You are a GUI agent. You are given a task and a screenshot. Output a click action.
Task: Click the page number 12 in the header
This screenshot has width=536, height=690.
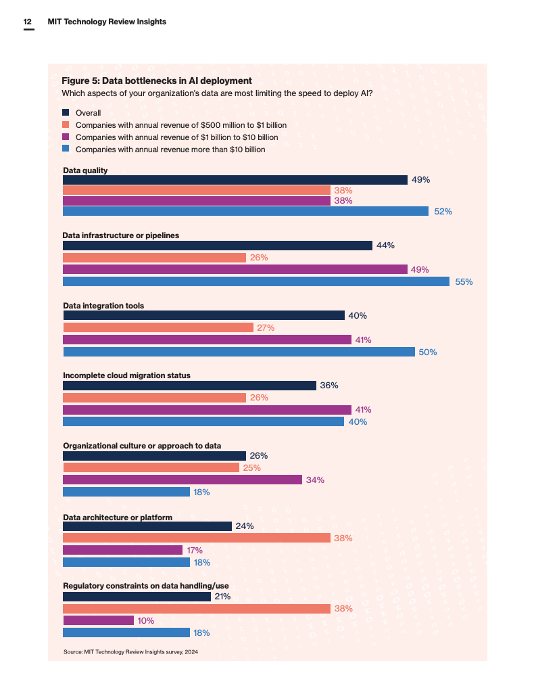tap(28, 22)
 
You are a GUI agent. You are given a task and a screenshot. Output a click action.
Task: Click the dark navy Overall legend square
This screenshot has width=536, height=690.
tap(66, 112)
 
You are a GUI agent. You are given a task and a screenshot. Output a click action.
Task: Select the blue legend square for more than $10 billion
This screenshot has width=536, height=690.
tap(66, 149)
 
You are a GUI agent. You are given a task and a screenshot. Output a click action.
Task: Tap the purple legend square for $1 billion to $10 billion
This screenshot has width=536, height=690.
tap(66, 137)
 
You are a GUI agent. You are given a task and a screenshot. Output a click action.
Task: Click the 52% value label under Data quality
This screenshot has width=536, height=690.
tap(443, 212)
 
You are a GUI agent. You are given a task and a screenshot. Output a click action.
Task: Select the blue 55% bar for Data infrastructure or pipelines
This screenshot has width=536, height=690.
tap(256, 281)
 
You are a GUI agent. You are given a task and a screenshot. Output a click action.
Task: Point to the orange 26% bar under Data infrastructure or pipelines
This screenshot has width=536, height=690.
tap(154, 258)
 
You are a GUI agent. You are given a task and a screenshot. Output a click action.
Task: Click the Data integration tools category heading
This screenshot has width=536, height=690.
tap(103, 306)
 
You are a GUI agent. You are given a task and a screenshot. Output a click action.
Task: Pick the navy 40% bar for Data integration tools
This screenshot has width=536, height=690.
tap(203, 316)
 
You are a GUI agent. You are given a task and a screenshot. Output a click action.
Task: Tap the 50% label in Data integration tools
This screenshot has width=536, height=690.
tap(428, 352)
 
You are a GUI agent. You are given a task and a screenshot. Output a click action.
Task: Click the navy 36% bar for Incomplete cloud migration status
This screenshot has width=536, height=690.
tap(189, 386)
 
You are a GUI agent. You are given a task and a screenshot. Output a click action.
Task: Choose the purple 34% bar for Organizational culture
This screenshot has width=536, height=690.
tap(182, 480)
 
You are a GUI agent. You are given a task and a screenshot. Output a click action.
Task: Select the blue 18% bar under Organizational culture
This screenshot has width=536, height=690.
tap(126, 492)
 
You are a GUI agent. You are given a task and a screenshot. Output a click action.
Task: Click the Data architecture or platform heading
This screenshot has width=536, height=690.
tap(118, 517)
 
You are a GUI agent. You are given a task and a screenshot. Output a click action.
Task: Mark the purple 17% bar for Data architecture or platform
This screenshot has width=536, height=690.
tap(123, 550)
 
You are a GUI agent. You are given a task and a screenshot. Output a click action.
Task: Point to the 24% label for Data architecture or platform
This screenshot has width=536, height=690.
tap(245, 526)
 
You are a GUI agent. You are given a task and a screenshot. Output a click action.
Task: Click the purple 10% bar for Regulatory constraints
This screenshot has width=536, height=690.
tap(98, 620)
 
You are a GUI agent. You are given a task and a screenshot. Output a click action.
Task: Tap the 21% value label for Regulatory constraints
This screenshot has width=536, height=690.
tap(223, 597)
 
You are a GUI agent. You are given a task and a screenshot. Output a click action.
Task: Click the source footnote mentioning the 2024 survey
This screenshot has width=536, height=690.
tap(131, 651)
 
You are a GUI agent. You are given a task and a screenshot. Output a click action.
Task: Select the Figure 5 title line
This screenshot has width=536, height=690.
tap(157, 80)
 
